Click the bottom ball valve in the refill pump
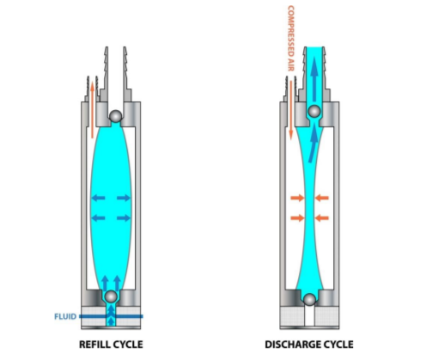112,296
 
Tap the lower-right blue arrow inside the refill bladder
124,217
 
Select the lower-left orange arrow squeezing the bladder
295,217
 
